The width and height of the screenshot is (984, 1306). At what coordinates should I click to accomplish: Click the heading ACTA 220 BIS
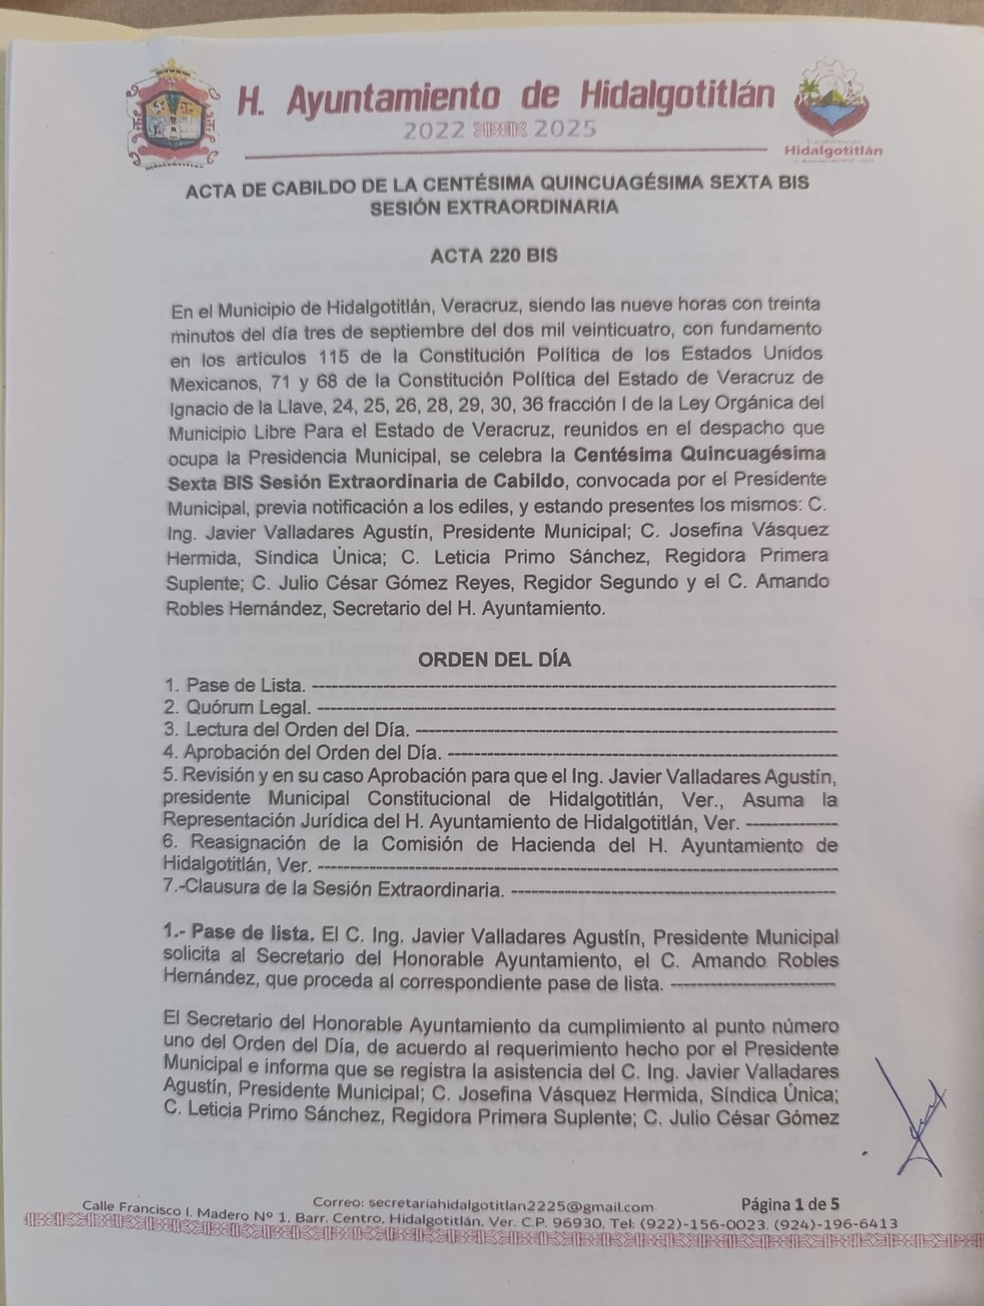pyautogui.click(x=494, y=256)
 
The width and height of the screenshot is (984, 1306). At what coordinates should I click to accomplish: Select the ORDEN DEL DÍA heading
pyautogui.click(x=494, y=660)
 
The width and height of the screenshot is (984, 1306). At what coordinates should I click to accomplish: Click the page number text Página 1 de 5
pyautogui.click(x=790, y=1204)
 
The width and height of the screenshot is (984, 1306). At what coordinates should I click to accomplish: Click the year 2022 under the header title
pyautogui.click(x=433, y=131)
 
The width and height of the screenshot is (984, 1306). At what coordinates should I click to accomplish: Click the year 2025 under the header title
pyautogui.click(x=565, y=129)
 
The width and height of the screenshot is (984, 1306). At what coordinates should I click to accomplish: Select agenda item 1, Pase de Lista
pyautogui.click(x=234, y=686)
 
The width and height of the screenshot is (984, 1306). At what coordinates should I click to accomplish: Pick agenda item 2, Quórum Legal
pyautogui.click(x=237, y=707)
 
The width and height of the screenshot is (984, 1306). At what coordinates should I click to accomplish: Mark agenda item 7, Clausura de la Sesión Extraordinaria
pyautogui.click(x=334, y=889)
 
